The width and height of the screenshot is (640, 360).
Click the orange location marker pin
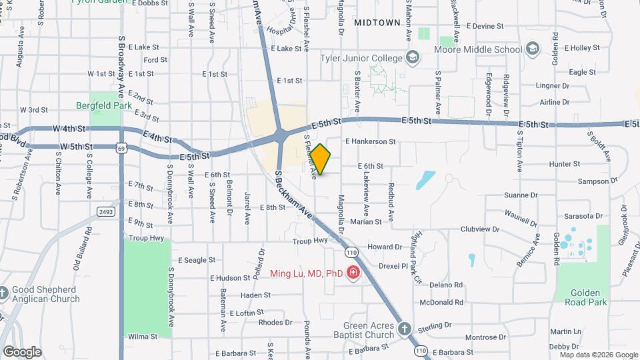point(321,159)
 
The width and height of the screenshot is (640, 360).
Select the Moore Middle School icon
point(532,48)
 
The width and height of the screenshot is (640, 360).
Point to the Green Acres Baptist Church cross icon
point(404,328)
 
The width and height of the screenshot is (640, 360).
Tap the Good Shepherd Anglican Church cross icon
point(3,293)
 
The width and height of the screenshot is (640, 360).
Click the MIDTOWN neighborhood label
point(377,22)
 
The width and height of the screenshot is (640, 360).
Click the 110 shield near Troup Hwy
point(352,252)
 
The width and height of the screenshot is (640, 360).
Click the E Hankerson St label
point(370,141)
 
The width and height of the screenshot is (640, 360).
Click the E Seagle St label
point(197,260)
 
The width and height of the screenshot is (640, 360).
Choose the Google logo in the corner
point(22,351)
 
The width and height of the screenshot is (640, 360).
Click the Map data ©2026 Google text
point(598,355)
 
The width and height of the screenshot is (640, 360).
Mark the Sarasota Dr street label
point(582,216)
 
